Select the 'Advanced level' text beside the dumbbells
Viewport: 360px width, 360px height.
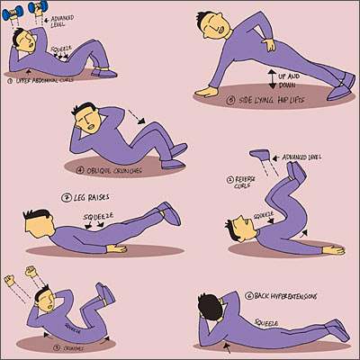click(x=64, y=19)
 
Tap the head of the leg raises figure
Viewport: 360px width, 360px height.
click(x=40, y=221)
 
